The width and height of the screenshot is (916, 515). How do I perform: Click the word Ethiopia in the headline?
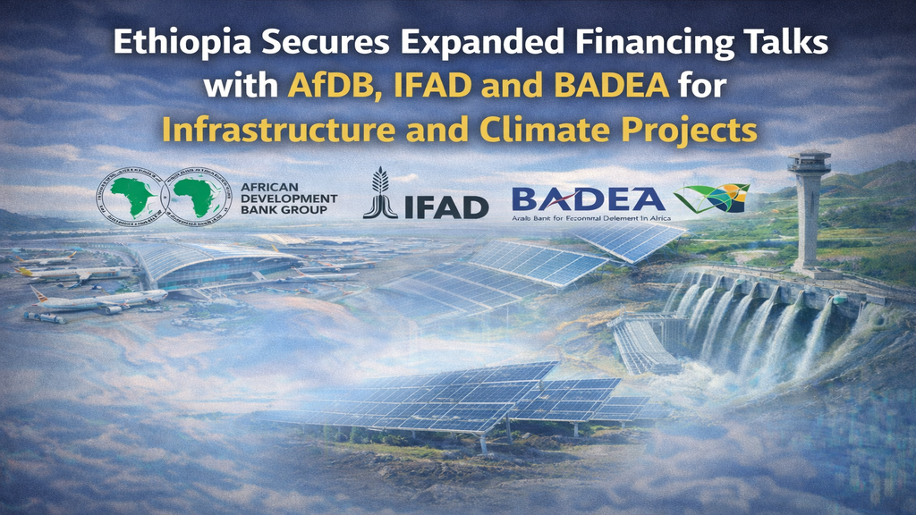click(162, 44)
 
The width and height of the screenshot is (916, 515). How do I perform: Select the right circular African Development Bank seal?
click(201, 197)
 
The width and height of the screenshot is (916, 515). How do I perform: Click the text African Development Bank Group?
click(289, 197)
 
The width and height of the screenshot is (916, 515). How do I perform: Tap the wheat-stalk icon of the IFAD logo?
click(380, 193)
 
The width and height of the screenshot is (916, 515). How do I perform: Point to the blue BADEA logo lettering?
click(588, 198)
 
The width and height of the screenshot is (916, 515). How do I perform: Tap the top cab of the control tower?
click(809, 165)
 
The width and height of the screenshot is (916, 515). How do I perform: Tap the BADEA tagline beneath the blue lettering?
click(590, 217)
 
